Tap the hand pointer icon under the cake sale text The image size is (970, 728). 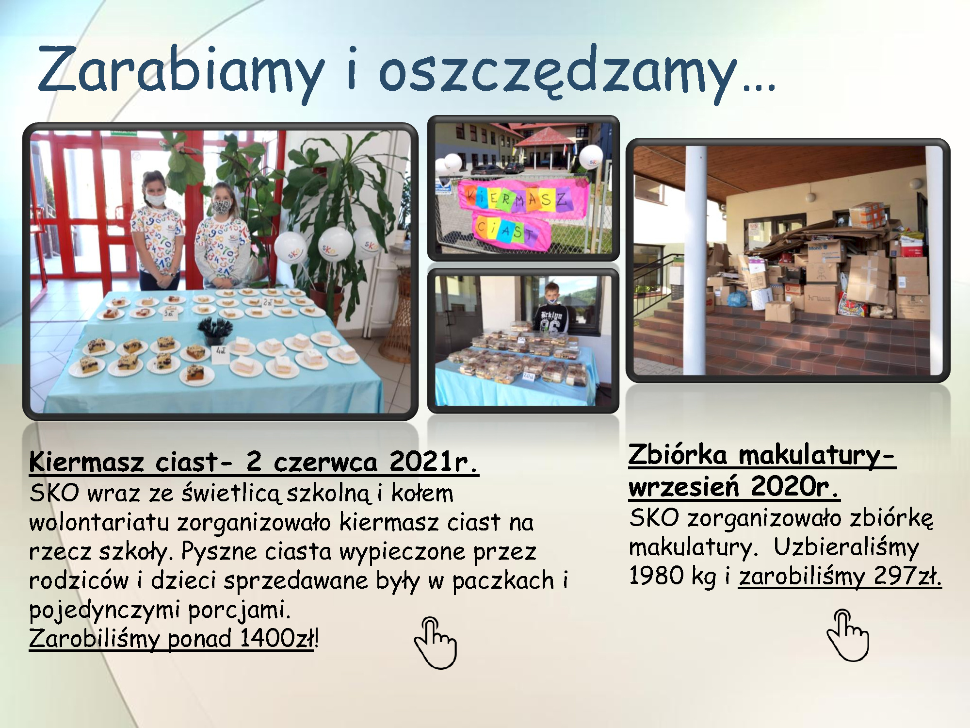click(435, 643)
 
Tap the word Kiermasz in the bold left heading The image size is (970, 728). click(86, 462)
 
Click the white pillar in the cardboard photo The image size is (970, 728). click(695, 260)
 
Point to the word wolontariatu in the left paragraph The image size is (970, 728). click(99, 522)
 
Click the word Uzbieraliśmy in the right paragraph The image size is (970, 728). click(846, 548)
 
